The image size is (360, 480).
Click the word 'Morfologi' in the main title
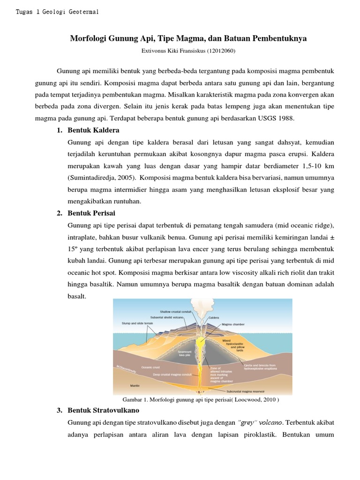(88, 38)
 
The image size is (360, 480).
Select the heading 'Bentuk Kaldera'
(93, 130)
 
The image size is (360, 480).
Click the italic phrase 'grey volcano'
(253, 422)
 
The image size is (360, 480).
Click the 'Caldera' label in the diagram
(214, 317)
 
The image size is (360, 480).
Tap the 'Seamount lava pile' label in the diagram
(186, 352)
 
